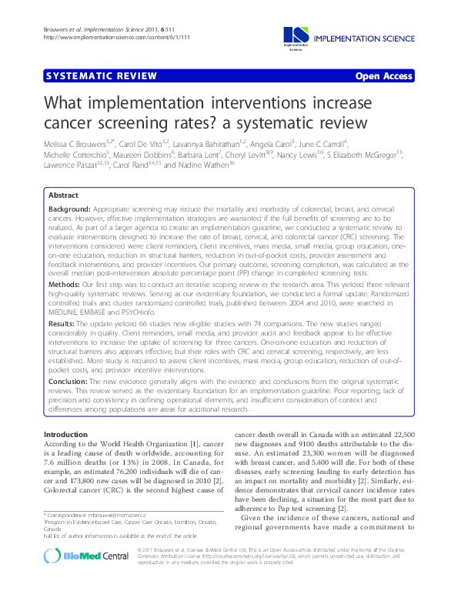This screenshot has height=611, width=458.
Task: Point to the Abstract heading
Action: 63,195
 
